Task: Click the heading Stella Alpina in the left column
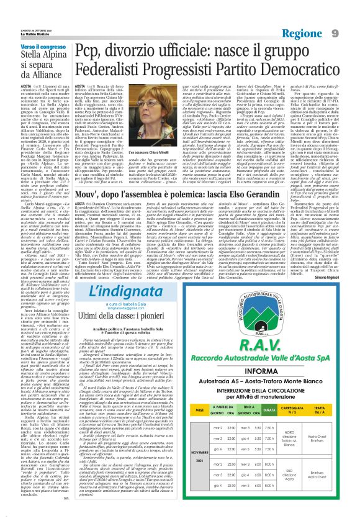point(29,60)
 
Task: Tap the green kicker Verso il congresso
point(29,48)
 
